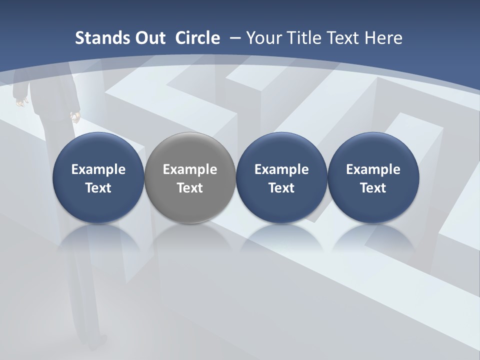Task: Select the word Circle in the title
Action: click(x=197, y=38)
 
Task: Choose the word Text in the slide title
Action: click(x=342, y=38)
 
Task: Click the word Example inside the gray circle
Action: click(x=190, y=169)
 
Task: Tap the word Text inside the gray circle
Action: click(x=190, y=188)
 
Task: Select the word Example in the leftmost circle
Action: click(x=98, y=169)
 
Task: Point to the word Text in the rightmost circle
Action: click(x=373, y=188)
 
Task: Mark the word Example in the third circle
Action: click(x=281, y=169)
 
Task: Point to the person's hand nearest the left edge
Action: click(x=20, y=102)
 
